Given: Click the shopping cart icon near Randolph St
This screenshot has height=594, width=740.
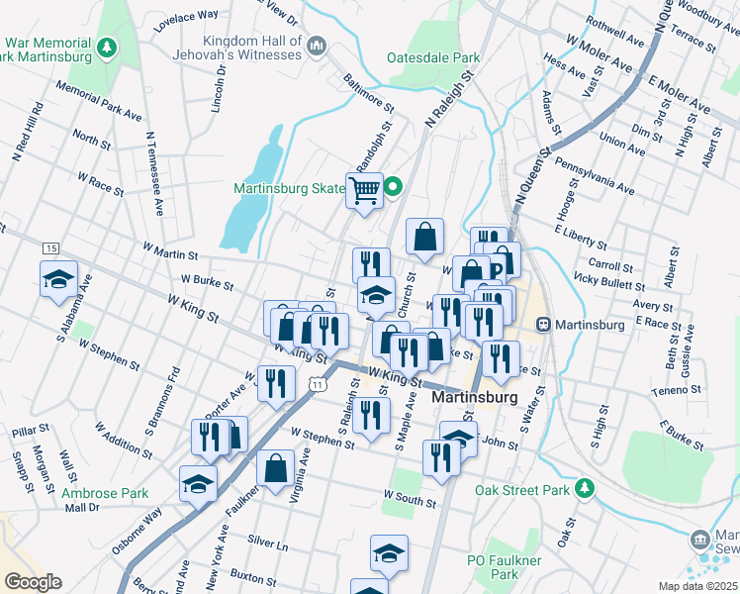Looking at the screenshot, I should coord(364,188).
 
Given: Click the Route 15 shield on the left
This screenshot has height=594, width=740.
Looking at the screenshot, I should coord(50,247).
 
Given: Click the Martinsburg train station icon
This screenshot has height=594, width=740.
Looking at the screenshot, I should coord(543,325).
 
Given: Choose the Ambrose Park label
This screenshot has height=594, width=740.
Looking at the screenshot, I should coord(105,493).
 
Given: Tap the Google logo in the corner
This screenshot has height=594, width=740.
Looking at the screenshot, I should coord(32,582).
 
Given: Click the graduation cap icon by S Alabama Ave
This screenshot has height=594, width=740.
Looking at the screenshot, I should coord(58,278).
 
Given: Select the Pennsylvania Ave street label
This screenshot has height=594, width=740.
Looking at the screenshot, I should coord(594,174).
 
